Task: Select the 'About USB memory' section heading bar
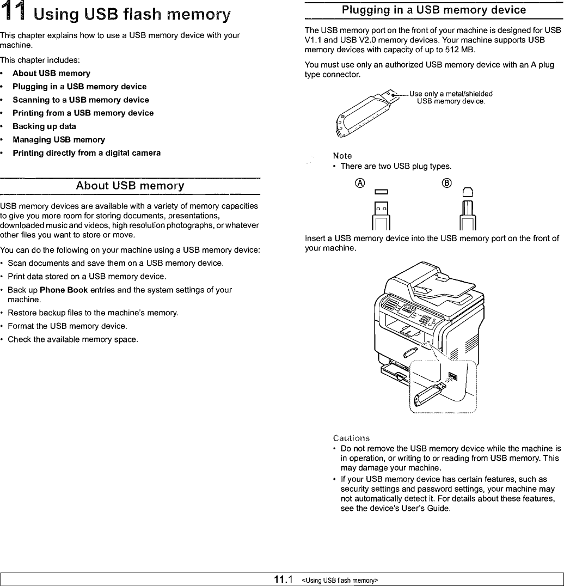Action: coord(130,186)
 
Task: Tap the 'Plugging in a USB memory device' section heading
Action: coord(433,10)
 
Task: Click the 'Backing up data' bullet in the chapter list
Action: coord(44,126)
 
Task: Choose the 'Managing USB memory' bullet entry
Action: coord(59,139)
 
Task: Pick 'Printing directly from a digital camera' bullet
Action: coord(87,153)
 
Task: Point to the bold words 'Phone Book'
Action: coord(64,290)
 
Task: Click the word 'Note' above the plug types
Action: coord(342,156)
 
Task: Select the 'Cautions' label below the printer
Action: coord(351,438)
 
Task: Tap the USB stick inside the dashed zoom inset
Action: coord(430,393)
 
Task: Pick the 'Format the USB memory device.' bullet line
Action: coord(68,326)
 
